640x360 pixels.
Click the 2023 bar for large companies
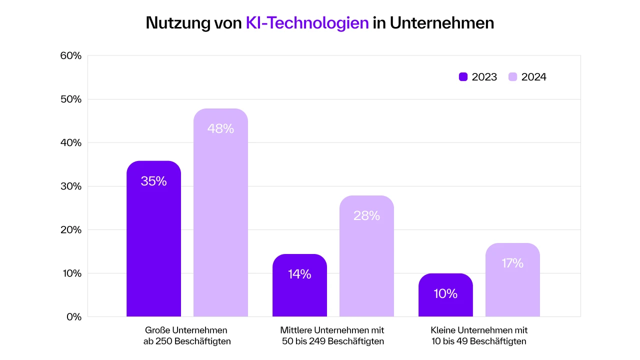(x=153, y=240)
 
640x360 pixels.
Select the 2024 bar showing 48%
(x=220, y=215)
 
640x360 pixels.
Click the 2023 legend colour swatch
(x=463, y=77)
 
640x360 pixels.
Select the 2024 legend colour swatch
(x=512, y=77)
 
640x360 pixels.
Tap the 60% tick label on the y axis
(x=70, y=55)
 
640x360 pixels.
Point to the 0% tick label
(x=73, y=316)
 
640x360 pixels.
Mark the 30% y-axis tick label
(x=70, y=186)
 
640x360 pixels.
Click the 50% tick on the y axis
(x=70, y=99)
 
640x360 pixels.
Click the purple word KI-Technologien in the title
(x=307, y=23)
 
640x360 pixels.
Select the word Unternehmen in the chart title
(x=442, y=23)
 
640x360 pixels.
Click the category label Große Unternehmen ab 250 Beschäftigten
(x=186, y=336)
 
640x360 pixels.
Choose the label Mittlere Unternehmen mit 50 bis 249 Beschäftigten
(x=332, y=336)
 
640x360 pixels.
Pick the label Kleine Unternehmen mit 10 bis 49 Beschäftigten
(x=479, y=336)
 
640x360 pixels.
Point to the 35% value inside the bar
(x=153, y=181)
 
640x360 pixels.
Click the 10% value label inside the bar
(x=445, y=293)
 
